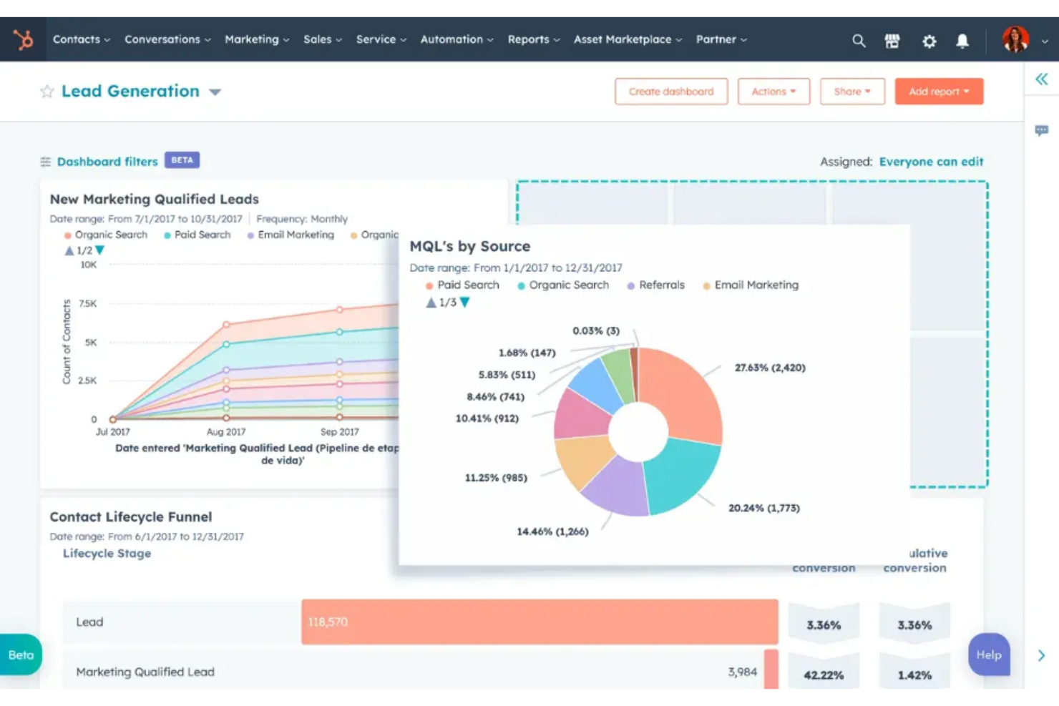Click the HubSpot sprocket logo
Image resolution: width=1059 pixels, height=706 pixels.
point(24,39)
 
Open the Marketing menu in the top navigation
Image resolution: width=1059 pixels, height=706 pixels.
point(256,39)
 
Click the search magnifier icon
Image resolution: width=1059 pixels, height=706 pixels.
point(859,41)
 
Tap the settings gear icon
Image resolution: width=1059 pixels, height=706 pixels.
point(929,41)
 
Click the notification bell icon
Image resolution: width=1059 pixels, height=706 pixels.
point(962,41)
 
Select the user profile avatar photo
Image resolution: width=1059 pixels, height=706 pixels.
point(1015,39)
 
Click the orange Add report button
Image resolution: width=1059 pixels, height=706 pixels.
point(938,92)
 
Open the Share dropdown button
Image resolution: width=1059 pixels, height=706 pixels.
point(851,92)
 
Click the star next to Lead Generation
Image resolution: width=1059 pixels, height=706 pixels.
point(47,92)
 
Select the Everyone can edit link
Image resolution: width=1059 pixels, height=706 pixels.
point(931,162)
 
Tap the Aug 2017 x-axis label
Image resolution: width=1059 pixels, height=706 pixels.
point(225,432)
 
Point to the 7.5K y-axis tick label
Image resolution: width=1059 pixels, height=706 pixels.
point(87,304)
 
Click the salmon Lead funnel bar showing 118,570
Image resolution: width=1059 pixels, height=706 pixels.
point(539,622)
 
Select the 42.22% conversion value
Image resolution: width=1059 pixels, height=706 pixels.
point(824,675)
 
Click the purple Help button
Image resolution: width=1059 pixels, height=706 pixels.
point(989,654)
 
